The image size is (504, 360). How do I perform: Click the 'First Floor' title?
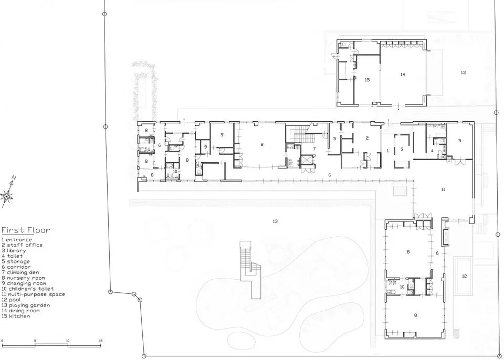pyautogui.click(x=26, y=230)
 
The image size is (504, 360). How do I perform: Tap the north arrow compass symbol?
pyautogui.click(x=8, y=192)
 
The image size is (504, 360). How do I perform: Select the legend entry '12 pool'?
pyautogui.click(x=11, y=300)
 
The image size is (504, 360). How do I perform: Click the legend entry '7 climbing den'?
pyautogui.click(x=20, y=272)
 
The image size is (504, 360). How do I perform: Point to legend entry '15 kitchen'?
pyautogui.click(x=16, y=316)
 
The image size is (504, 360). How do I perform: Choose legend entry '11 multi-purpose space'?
pyautogui.click(x=33, y=294)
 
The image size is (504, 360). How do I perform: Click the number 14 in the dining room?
pyautogui.click(x=403, y=75)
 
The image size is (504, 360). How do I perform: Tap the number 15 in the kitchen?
pyautogui.click(x=367, y=80)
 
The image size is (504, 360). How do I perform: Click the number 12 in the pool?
pyautogui.click(x=464, y=276)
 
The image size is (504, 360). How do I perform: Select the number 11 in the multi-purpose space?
pyautogui.click(x=443, y=189)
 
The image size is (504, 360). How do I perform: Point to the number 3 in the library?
pyautogui.click(x=402, y=150)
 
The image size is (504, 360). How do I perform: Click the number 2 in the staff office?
pyautogui.click(x=367, y=138)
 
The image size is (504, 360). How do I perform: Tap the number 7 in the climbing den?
pyautogui.click(x=314, y=149)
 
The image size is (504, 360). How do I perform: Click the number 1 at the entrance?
pyautogui.click(x=387, y=151)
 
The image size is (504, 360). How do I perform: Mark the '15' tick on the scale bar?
pyautogui.click(x=101, y=341)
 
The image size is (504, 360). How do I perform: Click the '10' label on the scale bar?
pyautogui.click(x=68, y=341)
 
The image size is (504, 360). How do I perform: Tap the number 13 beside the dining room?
pyautogui.click(x=463, y=72)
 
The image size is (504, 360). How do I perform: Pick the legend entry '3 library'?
pyautogui.click(x=14, y=251)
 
